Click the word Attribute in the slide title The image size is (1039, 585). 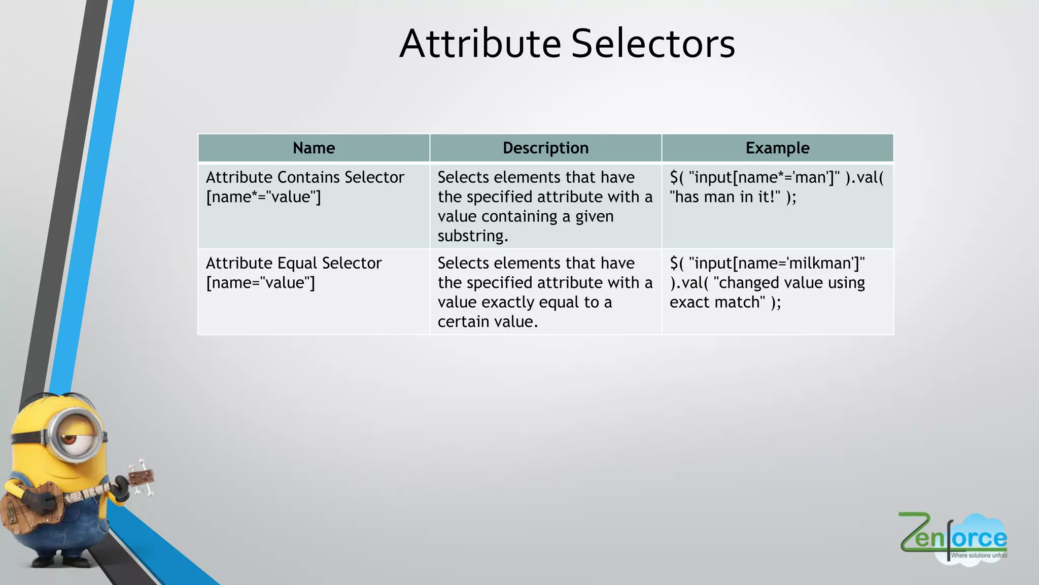coord(480,44)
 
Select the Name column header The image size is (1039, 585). coord(314,148)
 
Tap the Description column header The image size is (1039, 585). coord(545,148)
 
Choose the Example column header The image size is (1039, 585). coord(777,148)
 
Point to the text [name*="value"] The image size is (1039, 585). coord(263,197)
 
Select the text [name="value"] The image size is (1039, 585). coord(260,283)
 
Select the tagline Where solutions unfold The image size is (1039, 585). coord(979,556)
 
